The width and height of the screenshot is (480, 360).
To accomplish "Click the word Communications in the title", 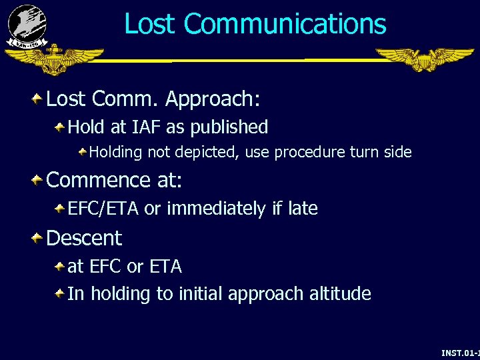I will pos(285,24).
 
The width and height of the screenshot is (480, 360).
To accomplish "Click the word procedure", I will pos(309,153).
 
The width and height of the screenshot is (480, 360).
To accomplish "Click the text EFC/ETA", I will pos(103,209).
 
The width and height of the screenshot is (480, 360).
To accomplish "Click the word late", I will pos(303,209).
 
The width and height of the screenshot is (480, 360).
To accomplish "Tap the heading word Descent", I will pos(84,238).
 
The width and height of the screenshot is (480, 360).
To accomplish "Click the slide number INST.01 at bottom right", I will pos(460,352).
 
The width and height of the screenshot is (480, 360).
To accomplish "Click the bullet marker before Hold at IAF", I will pos(59,126).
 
